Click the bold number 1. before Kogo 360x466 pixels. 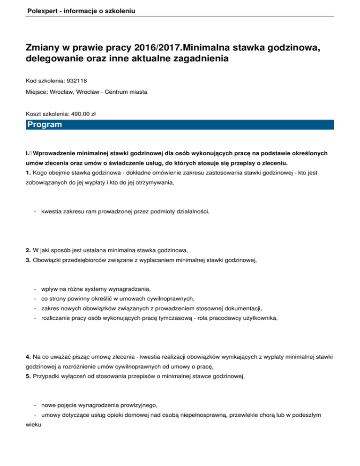(x=29, y=173)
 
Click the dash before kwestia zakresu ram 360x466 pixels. (x=36, y=211)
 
